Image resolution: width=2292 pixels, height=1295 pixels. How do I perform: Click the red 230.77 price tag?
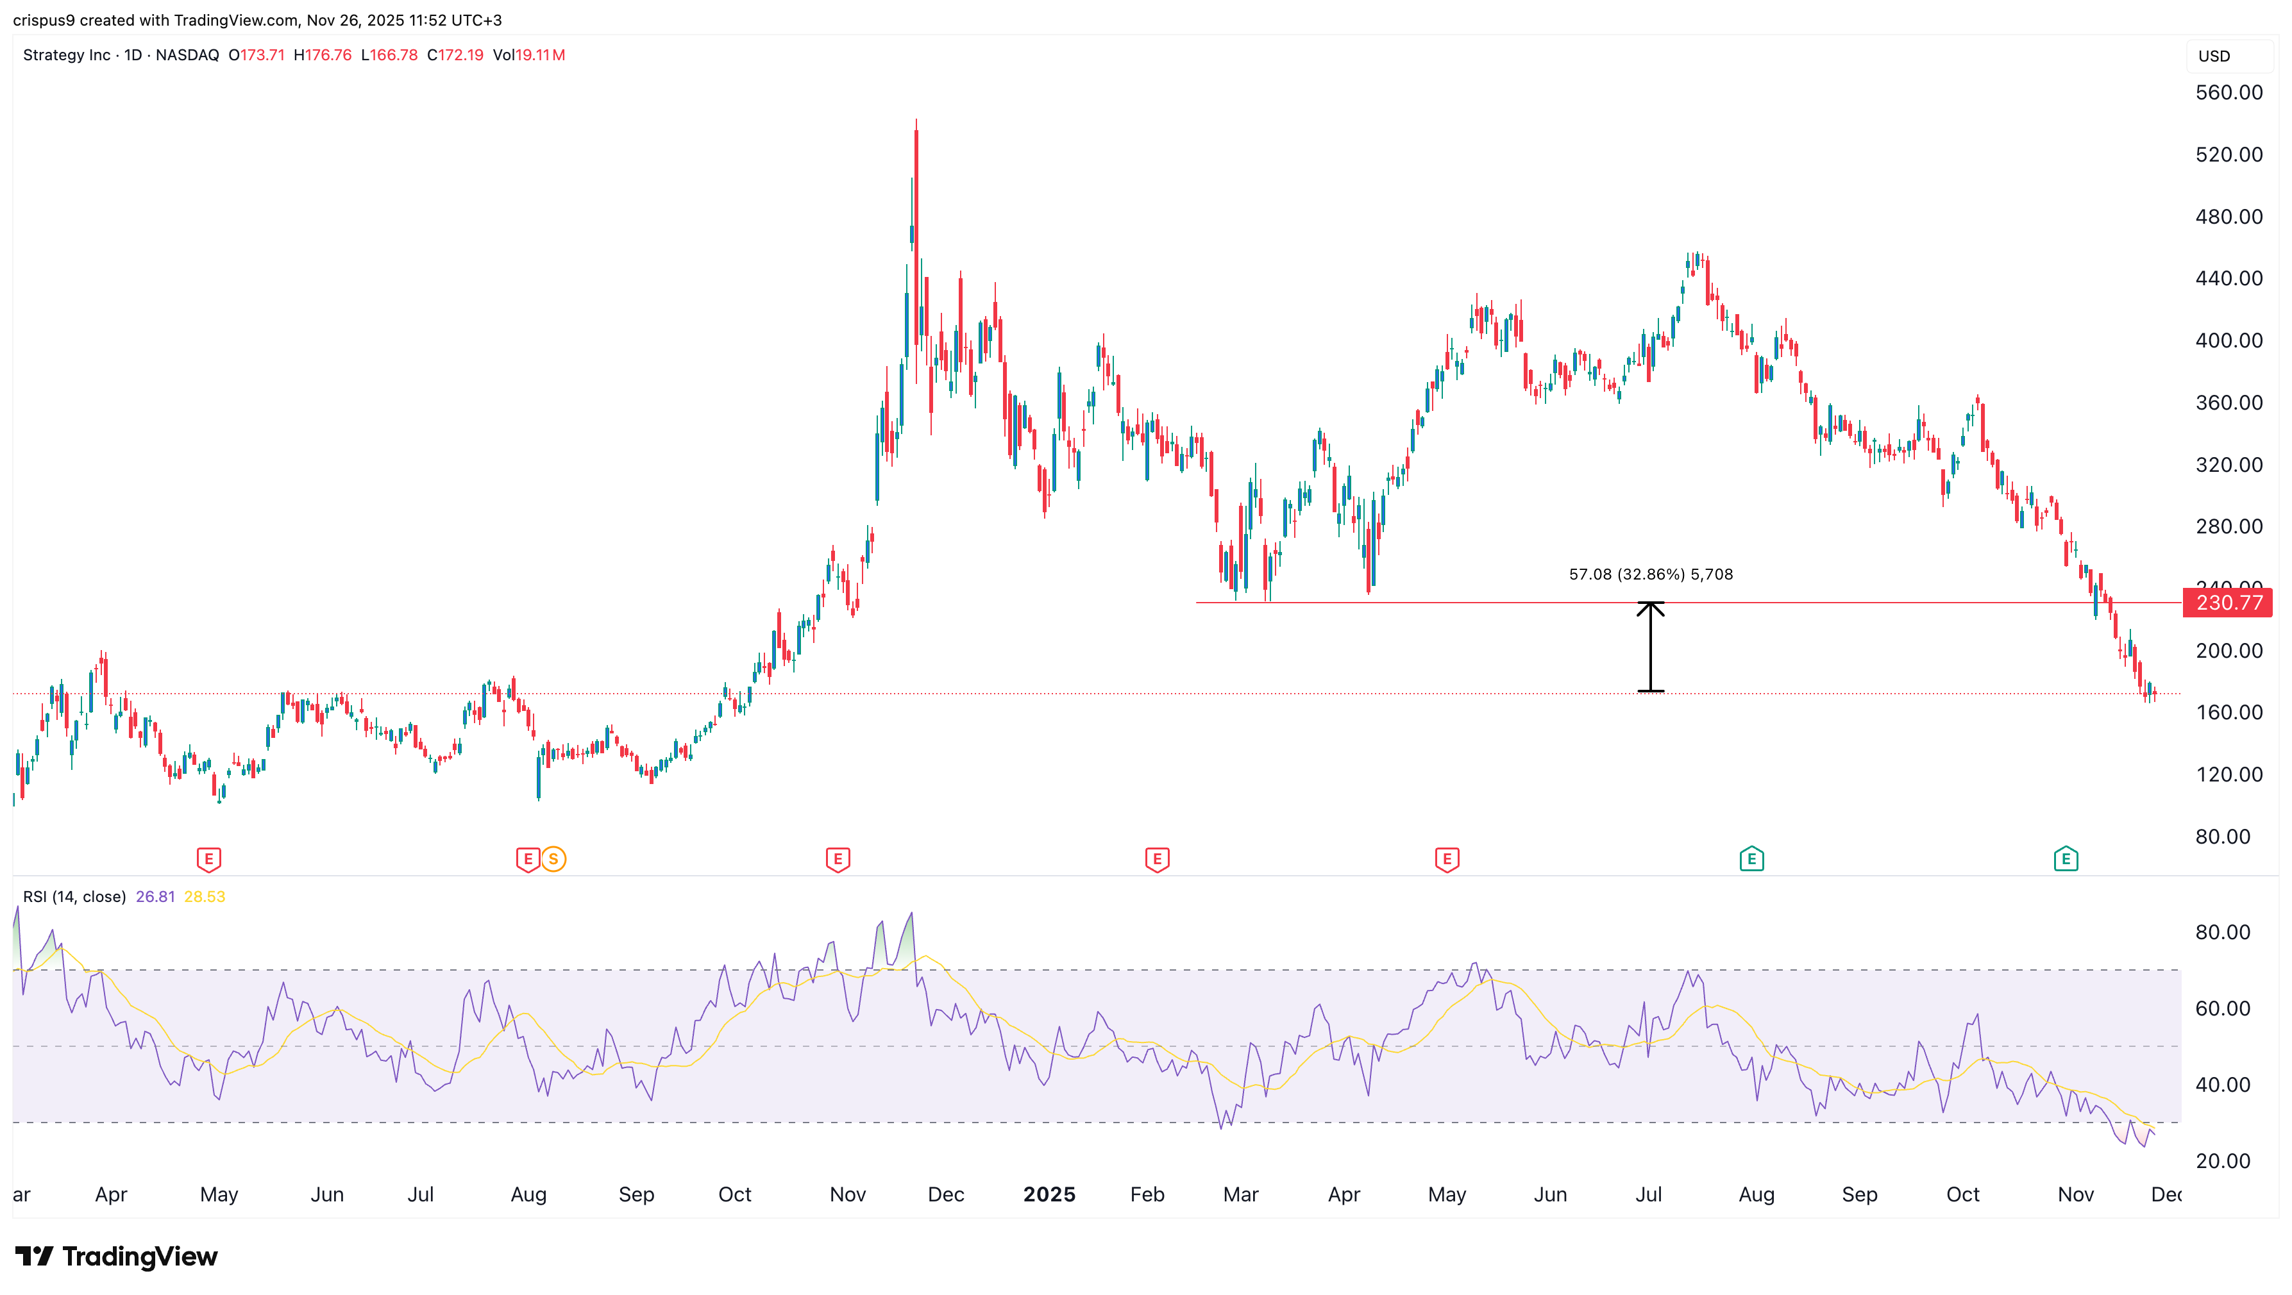point(2228,603)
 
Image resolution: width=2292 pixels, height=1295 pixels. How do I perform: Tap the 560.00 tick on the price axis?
point(2228,92)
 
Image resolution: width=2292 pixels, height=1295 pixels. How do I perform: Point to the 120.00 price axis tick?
point(2228,774)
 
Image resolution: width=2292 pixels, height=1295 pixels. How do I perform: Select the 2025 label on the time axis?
point(1049,1194)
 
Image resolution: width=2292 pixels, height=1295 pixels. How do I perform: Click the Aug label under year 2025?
point(1757,1194)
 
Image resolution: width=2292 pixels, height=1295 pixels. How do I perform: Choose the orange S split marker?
point(553,859)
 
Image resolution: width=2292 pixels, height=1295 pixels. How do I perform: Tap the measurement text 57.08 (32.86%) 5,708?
point(1651,574)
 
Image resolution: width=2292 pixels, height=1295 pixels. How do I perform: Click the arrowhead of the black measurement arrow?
point(1651,606)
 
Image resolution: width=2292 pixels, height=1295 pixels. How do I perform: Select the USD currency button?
point(2214,56)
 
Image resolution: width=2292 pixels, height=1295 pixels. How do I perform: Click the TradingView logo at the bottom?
point(117,1256)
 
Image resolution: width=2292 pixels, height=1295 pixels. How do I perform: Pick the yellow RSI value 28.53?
point(205,896)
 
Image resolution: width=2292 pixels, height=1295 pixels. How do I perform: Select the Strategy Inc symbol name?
point(67,55)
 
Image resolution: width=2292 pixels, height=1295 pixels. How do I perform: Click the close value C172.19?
point(455,55)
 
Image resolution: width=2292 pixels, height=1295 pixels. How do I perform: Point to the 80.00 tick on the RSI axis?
point(2221,932)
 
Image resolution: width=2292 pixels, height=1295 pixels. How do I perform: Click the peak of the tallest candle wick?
point(916,120)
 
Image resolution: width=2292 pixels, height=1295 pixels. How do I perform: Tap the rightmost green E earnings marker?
point(2065,859)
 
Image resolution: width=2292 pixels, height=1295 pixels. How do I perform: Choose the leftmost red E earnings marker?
point(208,859)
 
